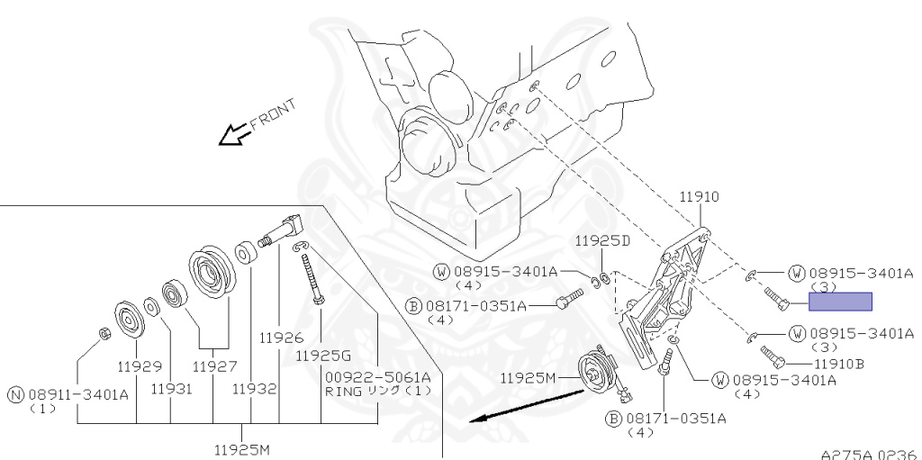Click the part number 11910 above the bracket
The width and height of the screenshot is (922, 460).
pyautogui.click(x=698, y=195)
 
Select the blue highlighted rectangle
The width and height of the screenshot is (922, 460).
pyautogui.click(x=840, y=302)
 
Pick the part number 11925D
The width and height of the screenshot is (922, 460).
pyautogui.click(x=601, y=241)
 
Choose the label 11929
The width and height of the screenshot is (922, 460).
pyautogui.click(x=138, y=366)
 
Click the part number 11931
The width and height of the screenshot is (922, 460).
pyautogui.click(x=171, y=389)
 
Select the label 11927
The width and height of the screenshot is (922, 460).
pyautogui.click(x=213, y=366)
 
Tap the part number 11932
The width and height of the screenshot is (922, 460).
pyautogui.click(x=254, y=389)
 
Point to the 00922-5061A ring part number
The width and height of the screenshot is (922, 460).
pyautogui.click(x=378, y=376)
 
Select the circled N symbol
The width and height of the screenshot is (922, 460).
pyautogui.click(x=15, y=393)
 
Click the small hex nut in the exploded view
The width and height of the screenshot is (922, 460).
pyautogui.click(x=104, y=336)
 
